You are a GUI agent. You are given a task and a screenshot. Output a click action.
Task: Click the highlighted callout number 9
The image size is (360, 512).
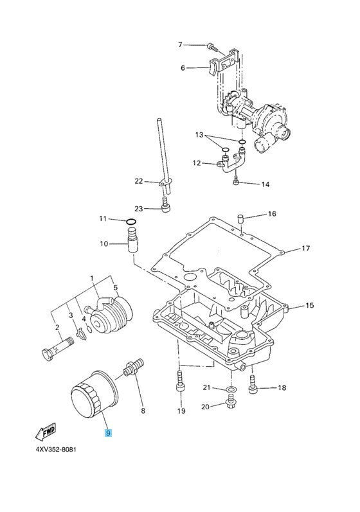click(108, 433)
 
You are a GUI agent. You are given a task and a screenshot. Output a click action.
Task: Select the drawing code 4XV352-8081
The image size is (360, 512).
click(55, 449)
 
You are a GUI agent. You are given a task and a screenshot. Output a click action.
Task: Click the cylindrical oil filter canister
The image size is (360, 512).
click(94, 394)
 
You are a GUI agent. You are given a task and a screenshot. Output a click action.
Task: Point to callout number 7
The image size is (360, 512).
click(180, 44)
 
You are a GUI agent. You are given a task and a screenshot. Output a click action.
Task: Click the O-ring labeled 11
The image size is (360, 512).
click(130, 222)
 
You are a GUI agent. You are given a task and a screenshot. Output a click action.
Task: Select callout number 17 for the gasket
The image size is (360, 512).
click(305, 249)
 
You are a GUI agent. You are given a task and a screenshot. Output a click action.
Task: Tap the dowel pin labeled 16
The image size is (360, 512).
click(240, 218)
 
